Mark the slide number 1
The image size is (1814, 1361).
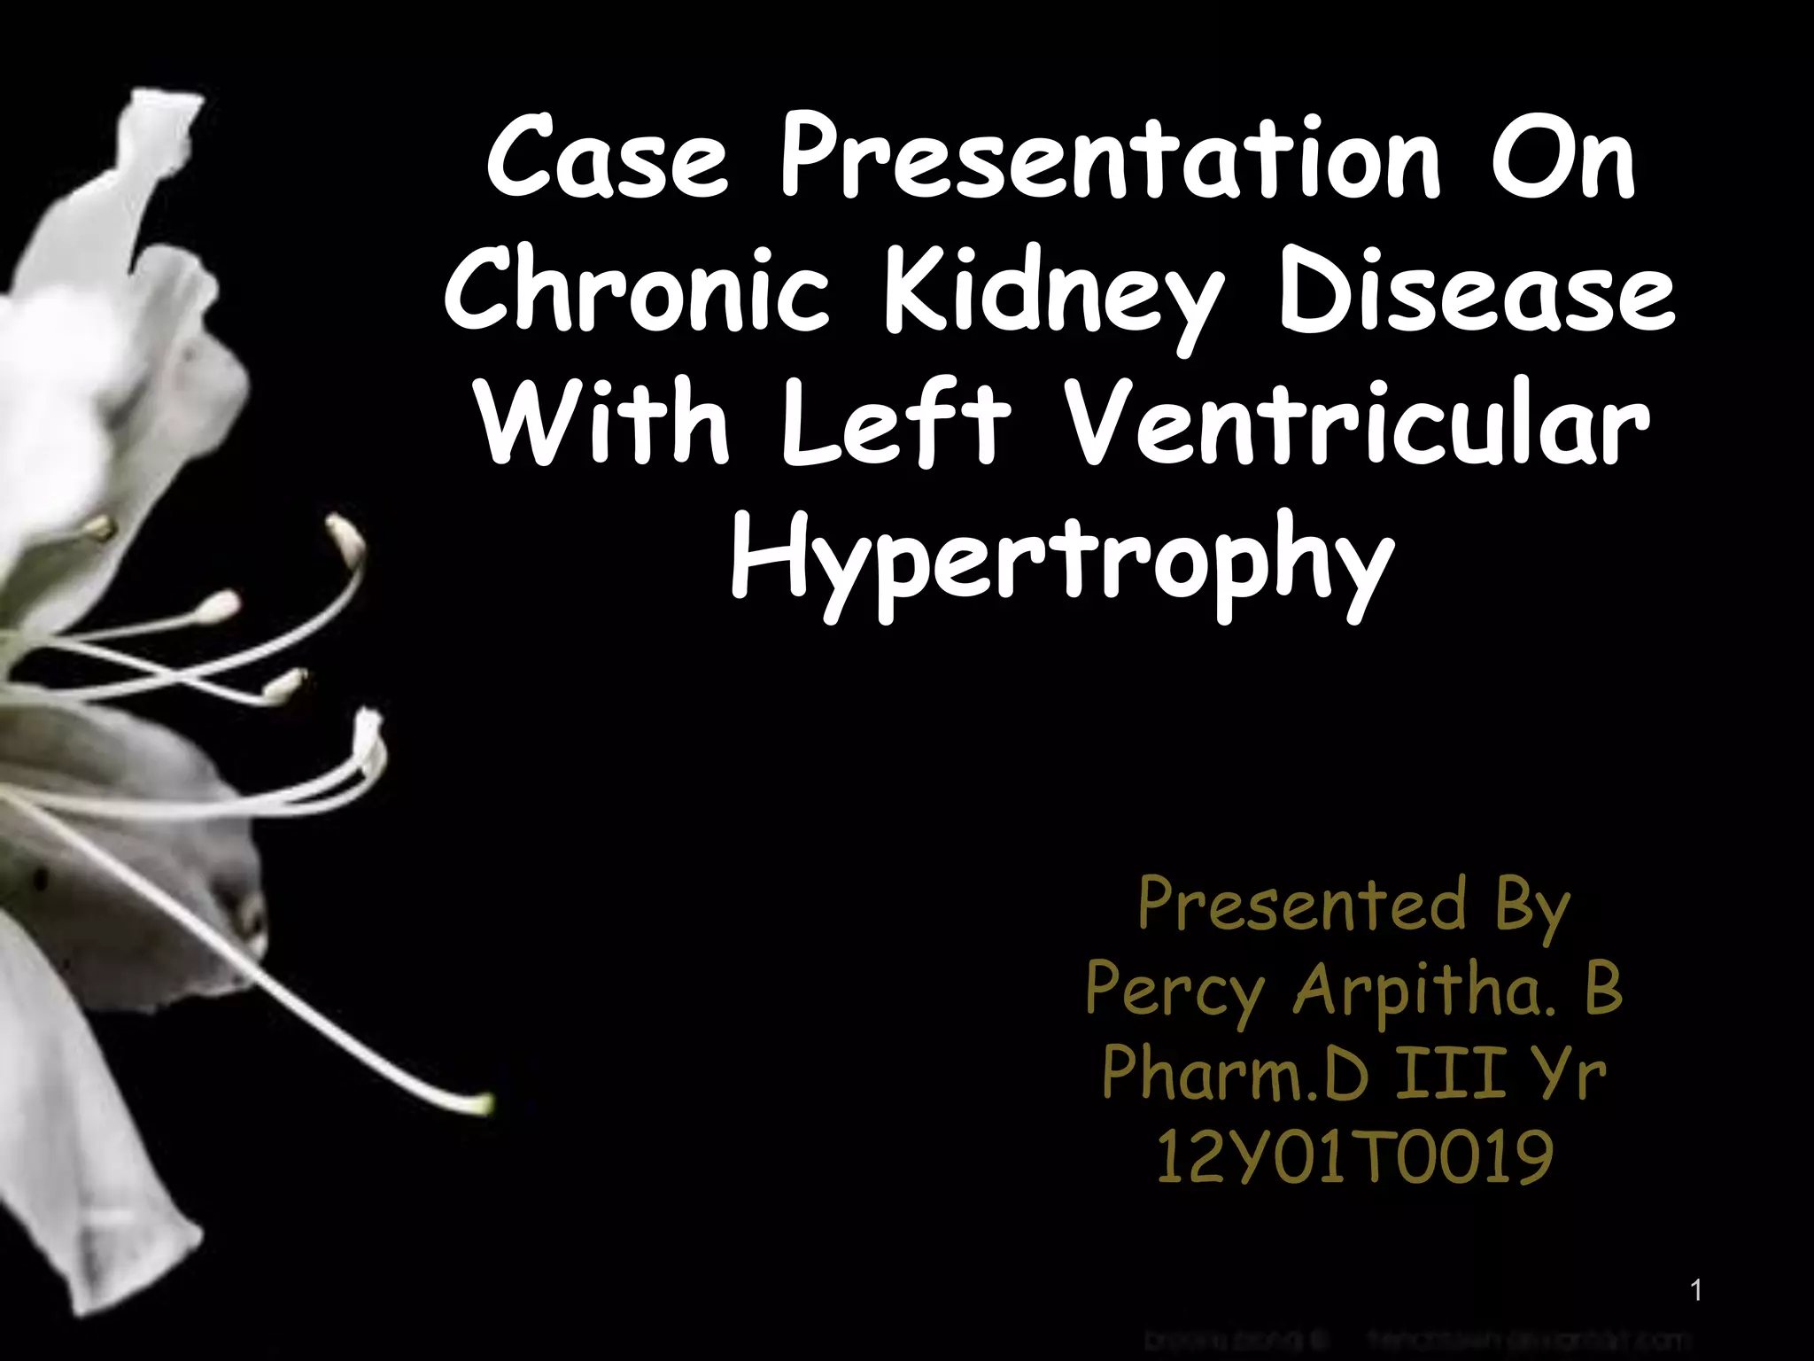[1696, 1291]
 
